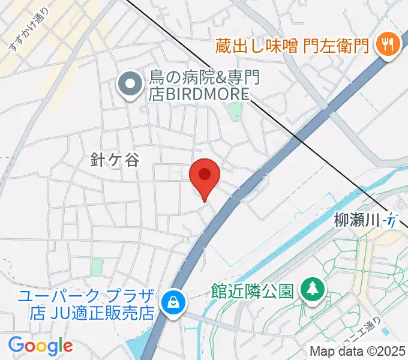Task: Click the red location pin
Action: [205, 176]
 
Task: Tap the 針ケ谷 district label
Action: [114, 160]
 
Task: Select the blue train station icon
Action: [391, 221]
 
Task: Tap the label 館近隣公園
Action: [252, 292]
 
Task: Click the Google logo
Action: [40, 346]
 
